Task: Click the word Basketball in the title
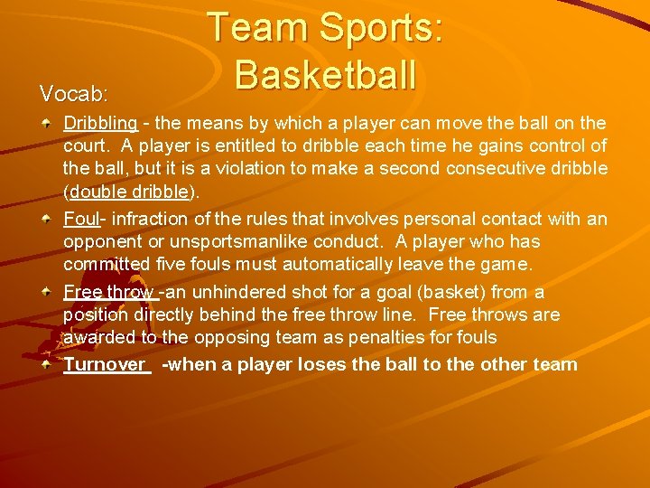point(325,74)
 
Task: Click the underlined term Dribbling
point(100,123)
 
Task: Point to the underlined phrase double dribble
point(132,192)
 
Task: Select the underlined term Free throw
point(108,292)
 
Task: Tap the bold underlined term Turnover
point(104,364)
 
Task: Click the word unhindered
point(238,292)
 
